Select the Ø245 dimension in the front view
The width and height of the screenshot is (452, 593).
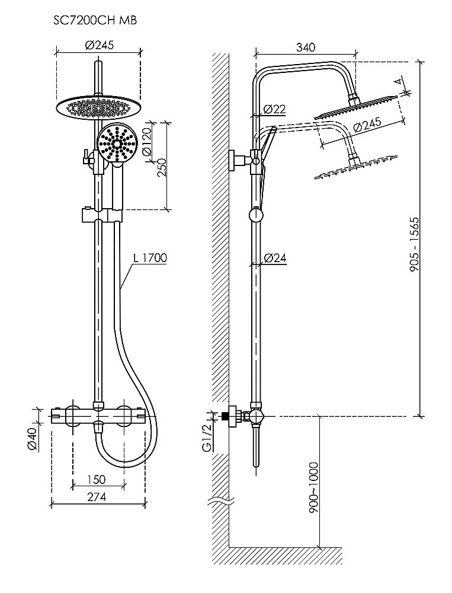click(98, 45)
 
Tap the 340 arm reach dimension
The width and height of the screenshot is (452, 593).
click(306, 47)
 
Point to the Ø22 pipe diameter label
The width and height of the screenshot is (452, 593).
click(274, 109)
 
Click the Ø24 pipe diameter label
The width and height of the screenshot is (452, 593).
click(275, 257)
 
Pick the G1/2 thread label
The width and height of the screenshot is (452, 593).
click(208, 439)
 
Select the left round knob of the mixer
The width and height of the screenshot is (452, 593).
click(75, 415)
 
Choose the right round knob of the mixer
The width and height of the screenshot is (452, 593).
click(124, 415)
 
